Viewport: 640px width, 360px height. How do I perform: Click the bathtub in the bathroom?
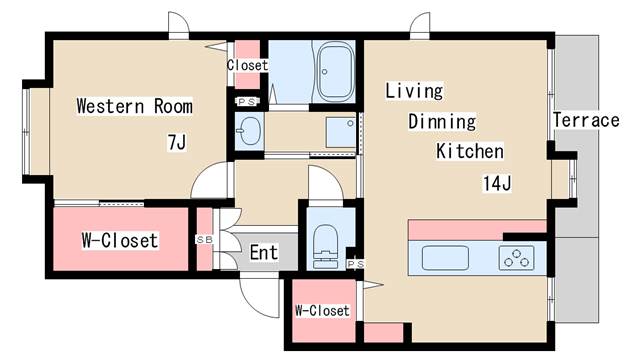[335, 73]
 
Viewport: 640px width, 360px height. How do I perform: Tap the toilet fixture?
[325, 247]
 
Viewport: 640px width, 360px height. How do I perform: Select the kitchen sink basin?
[445, 258]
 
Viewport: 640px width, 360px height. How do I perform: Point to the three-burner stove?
[516, 258]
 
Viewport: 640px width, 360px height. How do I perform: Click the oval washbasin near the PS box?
[249, 131]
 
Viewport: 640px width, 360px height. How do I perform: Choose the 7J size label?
[177, 142]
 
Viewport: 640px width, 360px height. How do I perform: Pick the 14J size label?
[497, 183]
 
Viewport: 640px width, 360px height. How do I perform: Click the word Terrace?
[586, 120]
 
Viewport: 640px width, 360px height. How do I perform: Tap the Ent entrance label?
[264, 252]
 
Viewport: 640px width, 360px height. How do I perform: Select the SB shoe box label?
[204, 240]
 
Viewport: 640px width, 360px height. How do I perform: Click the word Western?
[110, 106]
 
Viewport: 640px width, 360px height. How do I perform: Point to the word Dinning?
[442, 122]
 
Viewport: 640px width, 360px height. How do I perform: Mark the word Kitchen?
[470, 151]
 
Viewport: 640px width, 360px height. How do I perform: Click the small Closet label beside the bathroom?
[247, 65]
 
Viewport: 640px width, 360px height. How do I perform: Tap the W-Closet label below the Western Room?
[120, 240]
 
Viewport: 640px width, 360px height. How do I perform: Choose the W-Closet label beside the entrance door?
[322, 311]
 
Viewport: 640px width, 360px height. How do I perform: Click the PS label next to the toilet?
[356, 264]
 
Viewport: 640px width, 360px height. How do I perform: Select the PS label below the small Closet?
[247, 102]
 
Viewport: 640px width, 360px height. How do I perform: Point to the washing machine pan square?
[341, 132]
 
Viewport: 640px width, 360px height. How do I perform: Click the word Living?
[414, 91]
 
